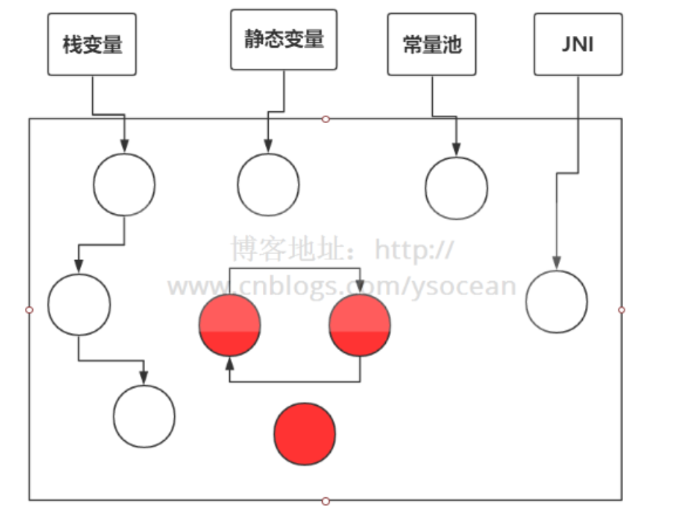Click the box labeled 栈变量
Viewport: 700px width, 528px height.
click(x=92, y=44)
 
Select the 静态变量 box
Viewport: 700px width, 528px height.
click(x=283, y=40)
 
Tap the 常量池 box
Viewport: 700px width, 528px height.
click(x=431, y=44)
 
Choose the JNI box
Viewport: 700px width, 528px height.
click(x=578, y=44)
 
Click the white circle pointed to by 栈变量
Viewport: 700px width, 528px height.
click(x=124, y=185)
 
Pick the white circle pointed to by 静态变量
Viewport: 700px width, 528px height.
click(x=268, y=185)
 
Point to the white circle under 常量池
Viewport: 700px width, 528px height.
click(x=456, y=187)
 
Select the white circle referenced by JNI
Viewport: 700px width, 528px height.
click(x=556, y=302)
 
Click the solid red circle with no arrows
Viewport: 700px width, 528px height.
click(x=305, y=434)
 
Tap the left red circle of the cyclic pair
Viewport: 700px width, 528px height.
click(x=230, y=325)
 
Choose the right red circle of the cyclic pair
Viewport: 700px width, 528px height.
click(x=360, y=325)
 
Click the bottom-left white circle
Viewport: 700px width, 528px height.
click(x=144, y=416)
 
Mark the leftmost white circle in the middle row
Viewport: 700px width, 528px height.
click(x=79, y=305)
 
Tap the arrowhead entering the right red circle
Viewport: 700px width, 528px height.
click(x=360, y=288)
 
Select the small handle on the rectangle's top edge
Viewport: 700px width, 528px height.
click(x=326, y=119)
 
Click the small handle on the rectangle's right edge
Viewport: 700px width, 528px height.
click(x=622, y=310)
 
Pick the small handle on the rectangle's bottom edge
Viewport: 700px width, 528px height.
click(x=326, y=501)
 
